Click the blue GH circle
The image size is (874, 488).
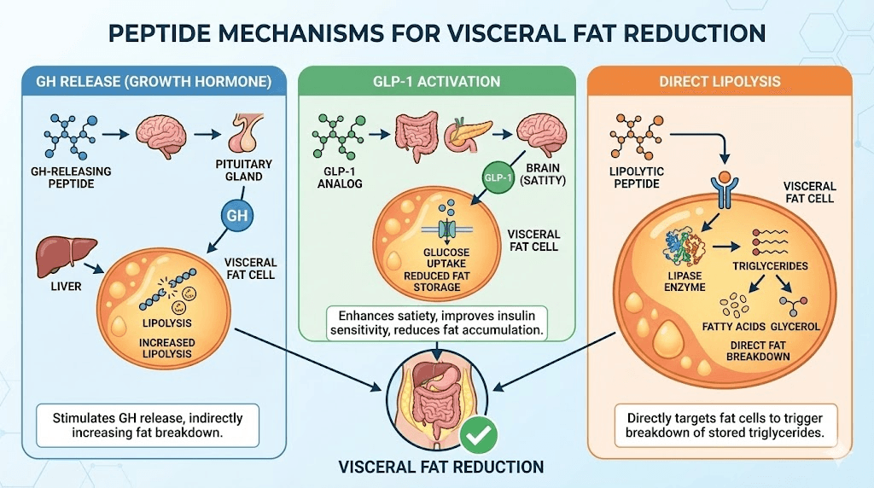tap(236, 216)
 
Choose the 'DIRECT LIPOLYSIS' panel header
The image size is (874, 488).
tap(720, 82)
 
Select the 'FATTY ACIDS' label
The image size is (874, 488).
tap(731, 326)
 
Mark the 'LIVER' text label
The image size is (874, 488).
tap(65, 286)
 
